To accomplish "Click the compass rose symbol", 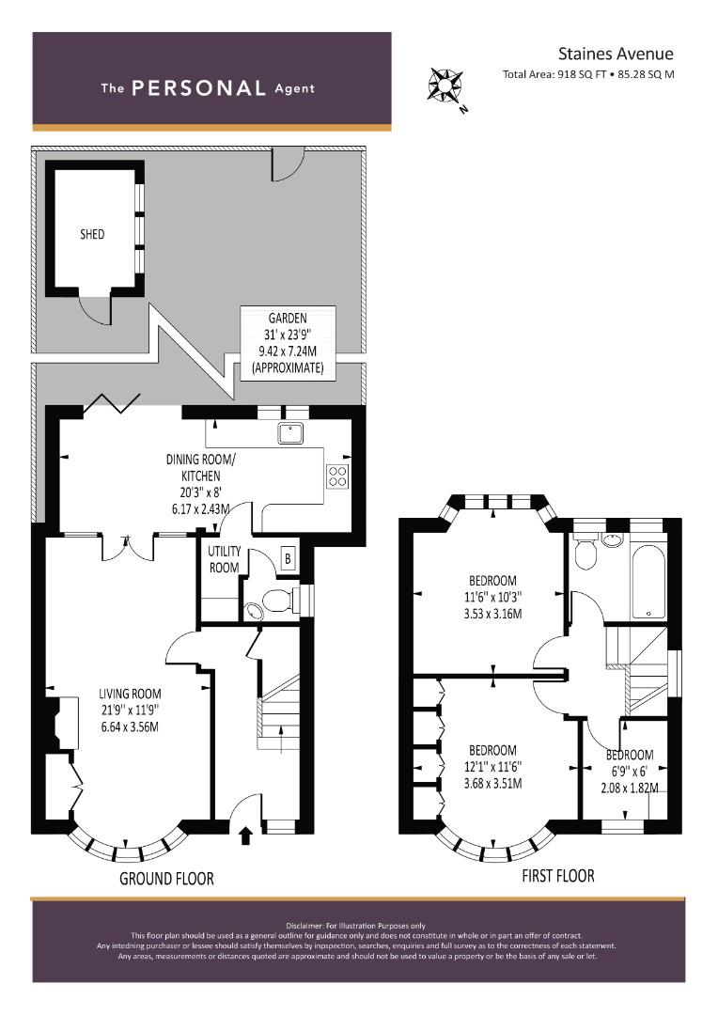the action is pyautogui.click(x=445, y=85).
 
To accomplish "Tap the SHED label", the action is pyautogui.click(x=92, y=234).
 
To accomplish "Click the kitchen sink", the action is pyautogui.click(x=290, y=433).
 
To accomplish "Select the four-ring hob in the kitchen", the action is pyautogui.click(x=338, y=476).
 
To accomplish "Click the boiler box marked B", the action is pyautogui.click(x=289, y=558).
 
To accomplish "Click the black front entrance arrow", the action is pyautogui.click(x=246, y=835).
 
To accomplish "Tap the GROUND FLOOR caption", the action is pyautogui.click(x=166, y=879).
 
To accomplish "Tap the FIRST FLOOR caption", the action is pyautogui.click(x=558, y=876).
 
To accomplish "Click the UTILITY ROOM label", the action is pyautogui.click(x=224, y=559).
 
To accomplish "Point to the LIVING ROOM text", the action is pyautogui.click(x=130, y=694).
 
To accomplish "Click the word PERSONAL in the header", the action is pyautogui.click(x=198, y=88).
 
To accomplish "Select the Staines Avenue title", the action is pyautogui.click(x=616, y=54).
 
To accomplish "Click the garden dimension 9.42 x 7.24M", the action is pyautogui.click(x=288, y=352).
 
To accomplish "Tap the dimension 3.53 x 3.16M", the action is pyautogui.click(x=492, y=614).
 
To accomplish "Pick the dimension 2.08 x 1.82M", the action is pyautogui.click(x=630, y=788).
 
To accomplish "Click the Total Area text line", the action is pyautogui.click(x=588, y=74).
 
